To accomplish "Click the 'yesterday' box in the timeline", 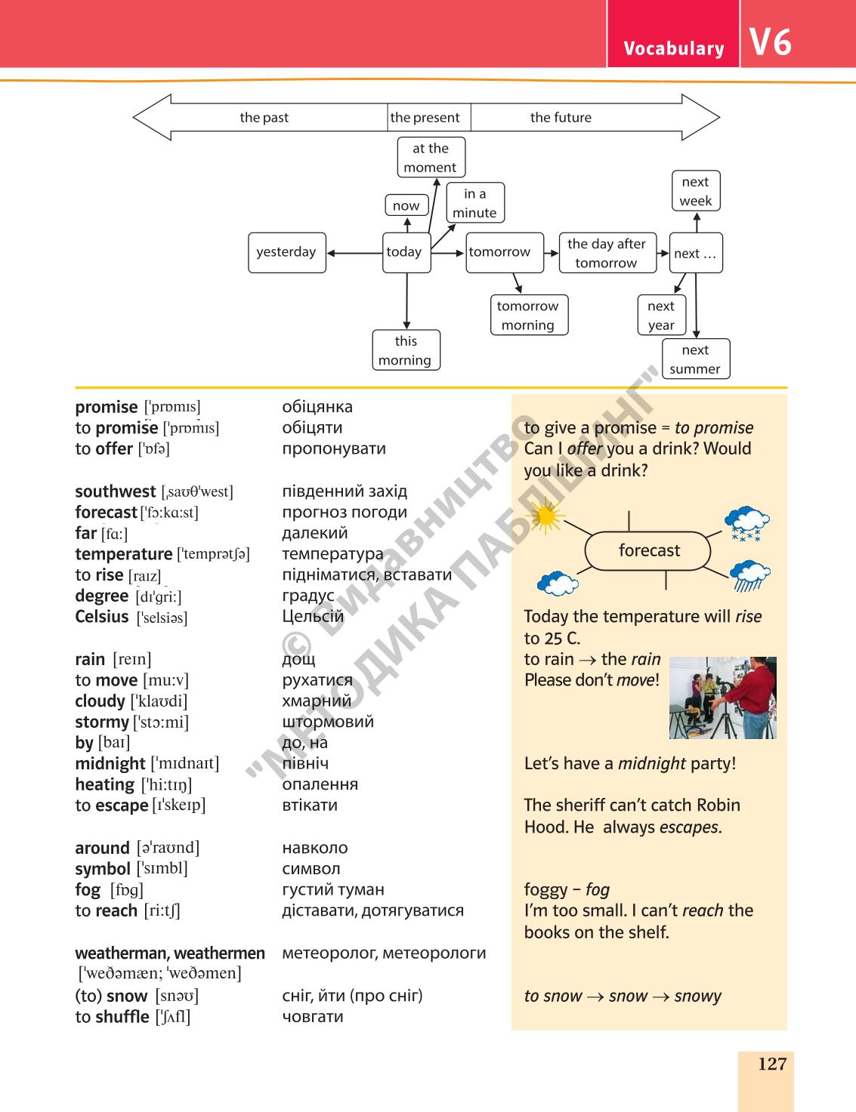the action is point(286,253).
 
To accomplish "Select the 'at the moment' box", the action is point(431,157).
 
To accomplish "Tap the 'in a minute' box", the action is point(475,202).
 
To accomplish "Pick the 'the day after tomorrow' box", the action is point(607,253).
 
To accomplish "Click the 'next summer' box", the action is point(696,359).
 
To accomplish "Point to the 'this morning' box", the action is point(406,350).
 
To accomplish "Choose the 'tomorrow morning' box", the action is point(529,316).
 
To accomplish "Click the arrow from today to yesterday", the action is point(354,253).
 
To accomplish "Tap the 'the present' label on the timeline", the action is point(425,118).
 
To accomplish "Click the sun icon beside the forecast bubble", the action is point(545,516).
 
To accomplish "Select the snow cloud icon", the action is point(746,523).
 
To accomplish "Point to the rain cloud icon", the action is point(749,575).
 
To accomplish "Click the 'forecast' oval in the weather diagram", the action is point(647,550).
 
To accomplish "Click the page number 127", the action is point(771,1064).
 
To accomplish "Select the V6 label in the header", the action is point(770,42).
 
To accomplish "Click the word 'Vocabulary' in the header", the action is point(674,48).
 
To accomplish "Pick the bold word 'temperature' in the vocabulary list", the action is point(123,554).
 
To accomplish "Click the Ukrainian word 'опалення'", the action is point(320,784).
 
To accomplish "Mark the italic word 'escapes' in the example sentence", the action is point(691,827).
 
